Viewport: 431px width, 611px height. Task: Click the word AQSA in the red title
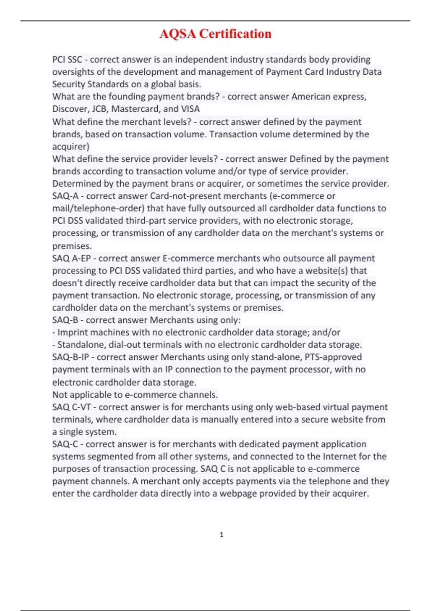tap(178, 34)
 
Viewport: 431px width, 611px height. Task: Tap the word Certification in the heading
tap(235, 34)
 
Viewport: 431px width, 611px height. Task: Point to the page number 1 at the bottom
tap(221, 535)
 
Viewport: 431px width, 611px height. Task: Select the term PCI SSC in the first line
tap(67, 59)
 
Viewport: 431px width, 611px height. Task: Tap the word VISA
tap(190, 109)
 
